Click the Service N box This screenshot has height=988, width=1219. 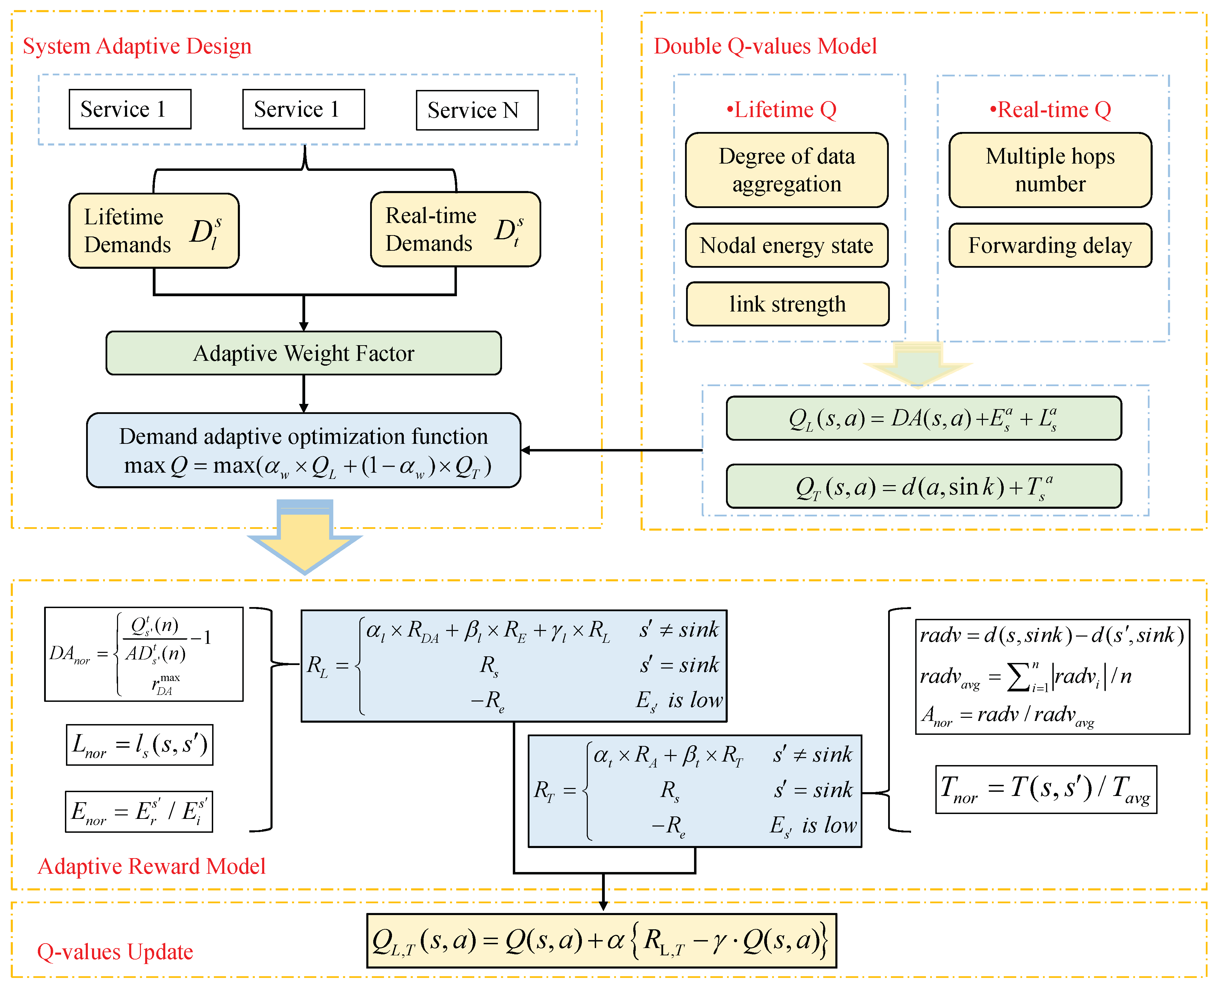tap(477, 110)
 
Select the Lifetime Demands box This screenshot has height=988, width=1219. tap(153, 231)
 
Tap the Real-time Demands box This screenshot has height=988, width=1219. tap(455, 229)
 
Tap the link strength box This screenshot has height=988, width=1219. tap(787, 304)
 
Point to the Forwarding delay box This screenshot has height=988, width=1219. tap(1050, 245)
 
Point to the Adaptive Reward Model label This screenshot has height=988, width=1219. tap(151, 866)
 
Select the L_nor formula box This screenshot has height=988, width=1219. tap(139, 745)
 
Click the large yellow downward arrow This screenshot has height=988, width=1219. tap(304, 538)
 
